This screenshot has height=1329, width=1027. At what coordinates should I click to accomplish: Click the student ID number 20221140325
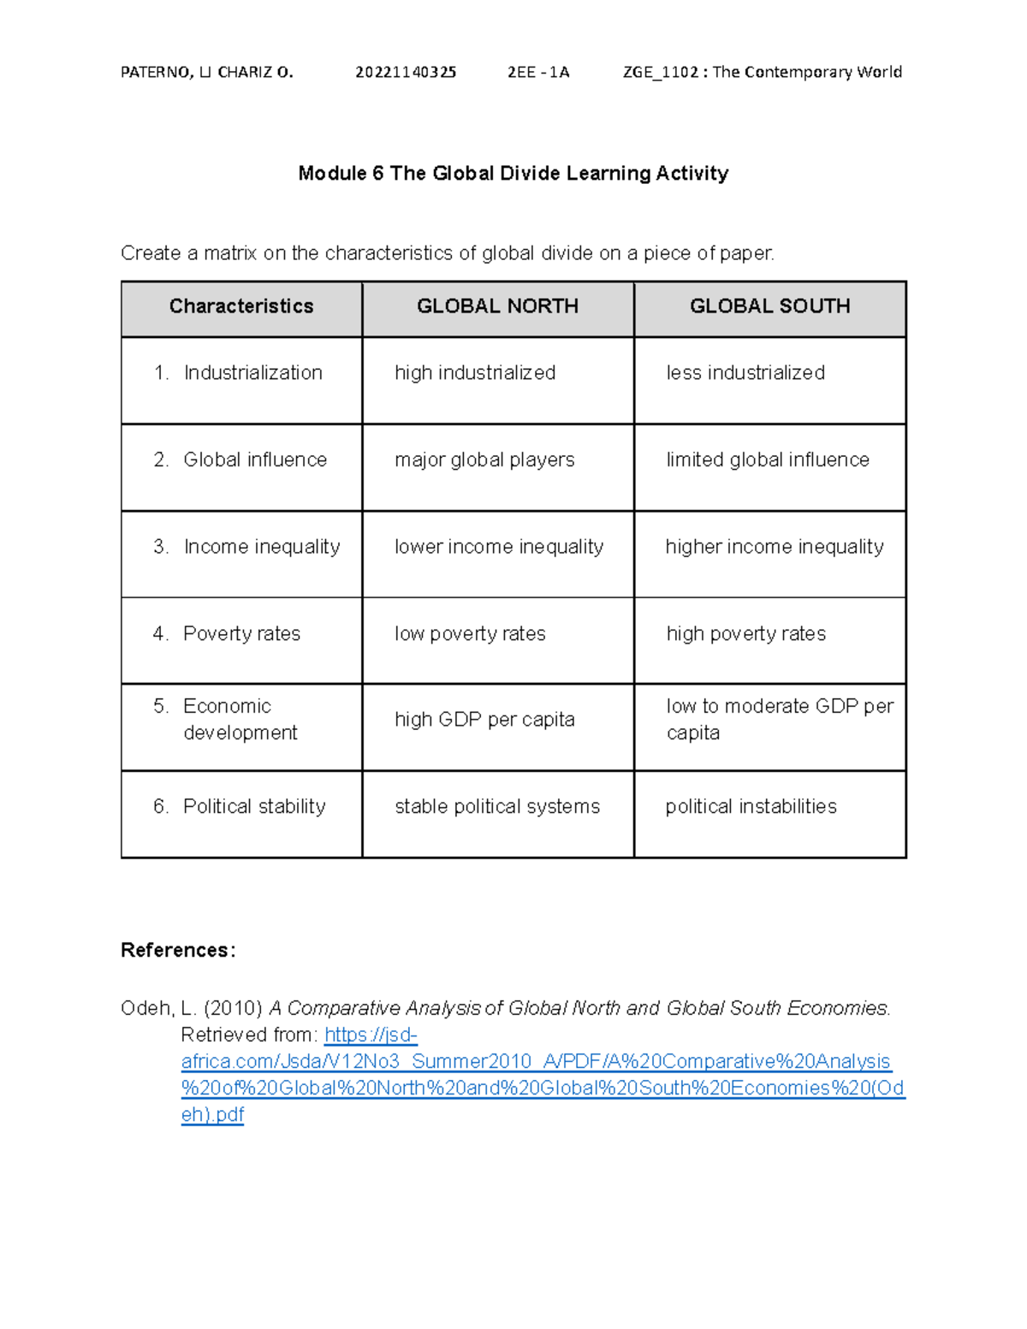coord(406,72)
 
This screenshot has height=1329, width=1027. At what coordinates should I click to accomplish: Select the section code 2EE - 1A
coord(538,72)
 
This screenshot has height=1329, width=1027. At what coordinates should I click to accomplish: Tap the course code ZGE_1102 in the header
coord(661,72)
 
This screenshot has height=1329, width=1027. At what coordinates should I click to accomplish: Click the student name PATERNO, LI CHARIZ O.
coord(207,72)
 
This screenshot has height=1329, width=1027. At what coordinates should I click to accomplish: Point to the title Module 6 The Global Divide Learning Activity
coord(513,174)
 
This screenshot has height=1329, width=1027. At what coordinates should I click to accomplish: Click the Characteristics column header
coord(241,306)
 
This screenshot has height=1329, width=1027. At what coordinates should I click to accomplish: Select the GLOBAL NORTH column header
coord(497,306)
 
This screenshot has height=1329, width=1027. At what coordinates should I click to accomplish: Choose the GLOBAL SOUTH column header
coord(769,306)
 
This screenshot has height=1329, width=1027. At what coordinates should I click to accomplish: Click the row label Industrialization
coord(252,373)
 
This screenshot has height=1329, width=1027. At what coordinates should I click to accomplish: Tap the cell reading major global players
coord(484,460)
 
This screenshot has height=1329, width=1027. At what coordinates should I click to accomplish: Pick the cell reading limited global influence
coord(768,460)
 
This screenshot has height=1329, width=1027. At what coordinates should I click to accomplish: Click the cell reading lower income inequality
coord(499,547)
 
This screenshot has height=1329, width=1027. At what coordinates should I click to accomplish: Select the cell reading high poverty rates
coord(746,634)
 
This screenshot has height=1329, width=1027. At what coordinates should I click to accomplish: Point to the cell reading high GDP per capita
coord(484,720)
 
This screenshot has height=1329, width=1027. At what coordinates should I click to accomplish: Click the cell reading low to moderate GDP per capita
coord(779,719)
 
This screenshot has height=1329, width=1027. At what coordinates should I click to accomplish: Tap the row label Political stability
coord(254,807)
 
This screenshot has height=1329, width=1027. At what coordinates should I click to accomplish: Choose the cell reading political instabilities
coord(751,807)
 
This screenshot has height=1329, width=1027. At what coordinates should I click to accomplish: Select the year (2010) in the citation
coord(233,1009)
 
